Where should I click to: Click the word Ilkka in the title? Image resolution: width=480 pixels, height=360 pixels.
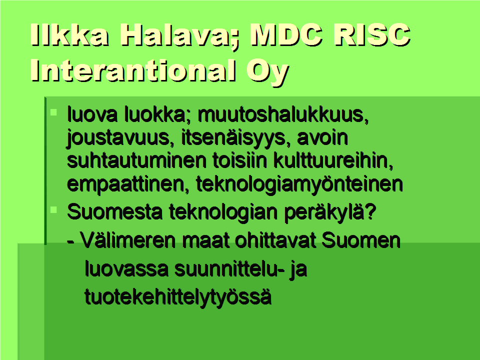click(x=69, y=34)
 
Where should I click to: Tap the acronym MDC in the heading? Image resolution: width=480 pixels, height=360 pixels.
click(x=286, y=34)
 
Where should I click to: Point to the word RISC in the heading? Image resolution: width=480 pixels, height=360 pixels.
click(x=371, y=34)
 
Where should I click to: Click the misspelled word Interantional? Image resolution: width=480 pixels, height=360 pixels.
click(x=133, y=70)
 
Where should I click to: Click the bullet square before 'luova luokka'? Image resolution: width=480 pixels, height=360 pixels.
click(x=53, y=112)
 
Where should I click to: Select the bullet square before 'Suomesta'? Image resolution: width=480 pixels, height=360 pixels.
click(x=53, y=210)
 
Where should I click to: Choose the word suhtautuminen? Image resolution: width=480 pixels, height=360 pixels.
click(x=136, y=160)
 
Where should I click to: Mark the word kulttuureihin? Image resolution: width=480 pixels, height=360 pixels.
click(x=333, y=161)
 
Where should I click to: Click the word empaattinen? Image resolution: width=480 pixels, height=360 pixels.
click(x=128, y=184)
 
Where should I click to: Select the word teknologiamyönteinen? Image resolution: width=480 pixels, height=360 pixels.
click(x=299, y=184)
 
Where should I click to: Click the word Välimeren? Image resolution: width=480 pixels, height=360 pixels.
click(x=128, y=240)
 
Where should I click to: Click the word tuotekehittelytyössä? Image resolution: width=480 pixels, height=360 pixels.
click(x=178, y=297)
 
